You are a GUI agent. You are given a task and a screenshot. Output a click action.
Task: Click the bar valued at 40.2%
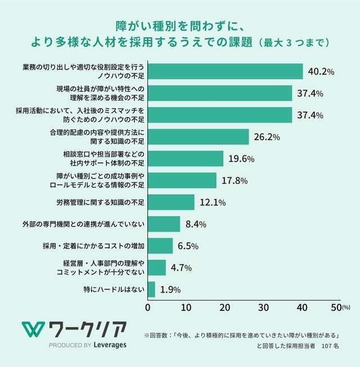[225, 71]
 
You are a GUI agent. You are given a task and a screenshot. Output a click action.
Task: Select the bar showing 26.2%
[198, 137]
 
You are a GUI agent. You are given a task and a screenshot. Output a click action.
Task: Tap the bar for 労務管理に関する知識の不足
[171, 202]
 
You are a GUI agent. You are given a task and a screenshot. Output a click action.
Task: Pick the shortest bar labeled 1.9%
[151, 289]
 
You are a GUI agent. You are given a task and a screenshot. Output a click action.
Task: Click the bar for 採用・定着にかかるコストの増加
[160, 246]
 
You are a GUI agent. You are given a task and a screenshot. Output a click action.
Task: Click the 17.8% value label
[235, 180]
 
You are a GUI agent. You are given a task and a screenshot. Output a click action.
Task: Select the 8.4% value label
[195, 224]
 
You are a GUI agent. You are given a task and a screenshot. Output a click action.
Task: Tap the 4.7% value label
[181, 268]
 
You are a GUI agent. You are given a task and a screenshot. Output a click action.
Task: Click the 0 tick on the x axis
[148, 307]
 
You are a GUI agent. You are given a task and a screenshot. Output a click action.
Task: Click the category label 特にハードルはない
[114, 289]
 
